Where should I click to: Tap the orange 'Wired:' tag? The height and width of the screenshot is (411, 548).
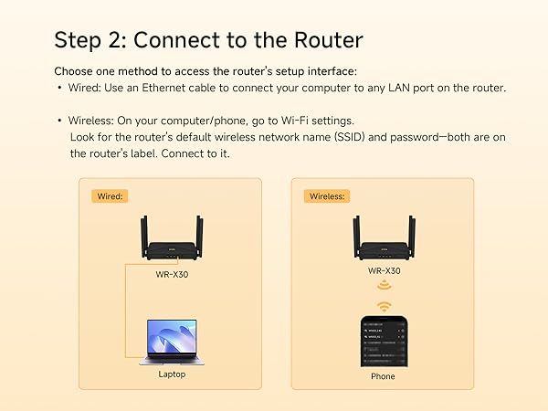pos(110,195)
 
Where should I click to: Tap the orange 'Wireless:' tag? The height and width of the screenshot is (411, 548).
pos(328,195)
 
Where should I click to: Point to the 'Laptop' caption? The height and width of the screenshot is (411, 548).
pos(171,374)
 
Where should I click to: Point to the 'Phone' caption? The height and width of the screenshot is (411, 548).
pos(383,376)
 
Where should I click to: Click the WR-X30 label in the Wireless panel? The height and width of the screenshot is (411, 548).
pos(383,271)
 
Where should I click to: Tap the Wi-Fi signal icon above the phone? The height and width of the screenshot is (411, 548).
pos(384,305)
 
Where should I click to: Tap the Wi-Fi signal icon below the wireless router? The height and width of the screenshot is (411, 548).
pos(384,286)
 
